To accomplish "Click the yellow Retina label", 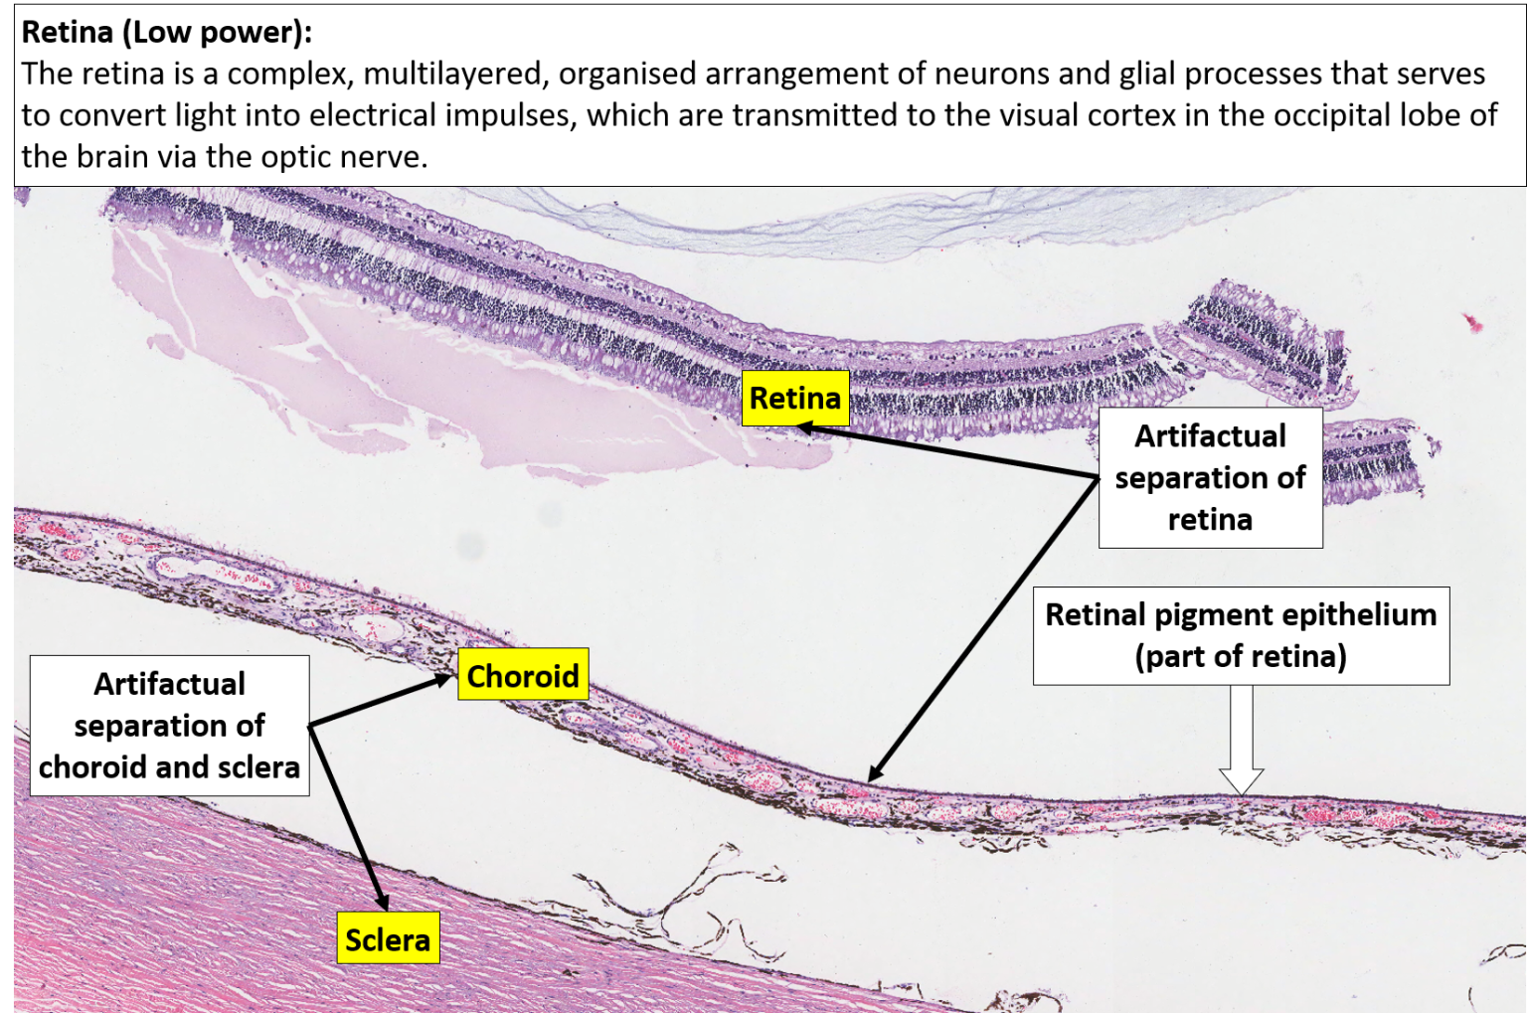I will [795, 398].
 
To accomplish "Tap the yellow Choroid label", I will [523, 675].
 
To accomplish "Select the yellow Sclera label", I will [388, 938].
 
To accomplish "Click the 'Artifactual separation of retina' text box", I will [1210, 477].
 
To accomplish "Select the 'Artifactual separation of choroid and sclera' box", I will [169, 725].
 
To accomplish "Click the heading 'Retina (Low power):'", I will [167, 32].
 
